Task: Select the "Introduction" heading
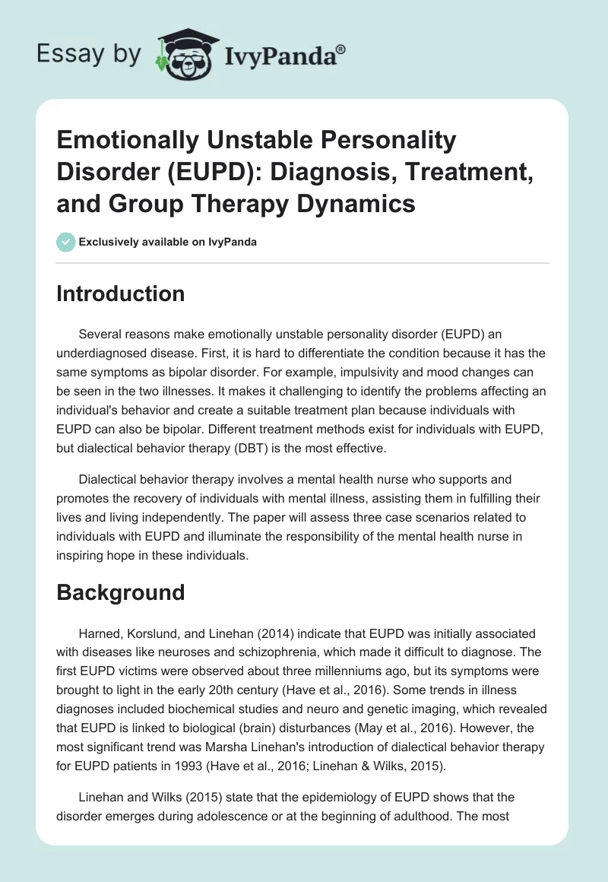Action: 120,293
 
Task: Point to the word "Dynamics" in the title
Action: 356,205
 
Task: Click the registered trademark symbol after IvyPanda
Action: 341,47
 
